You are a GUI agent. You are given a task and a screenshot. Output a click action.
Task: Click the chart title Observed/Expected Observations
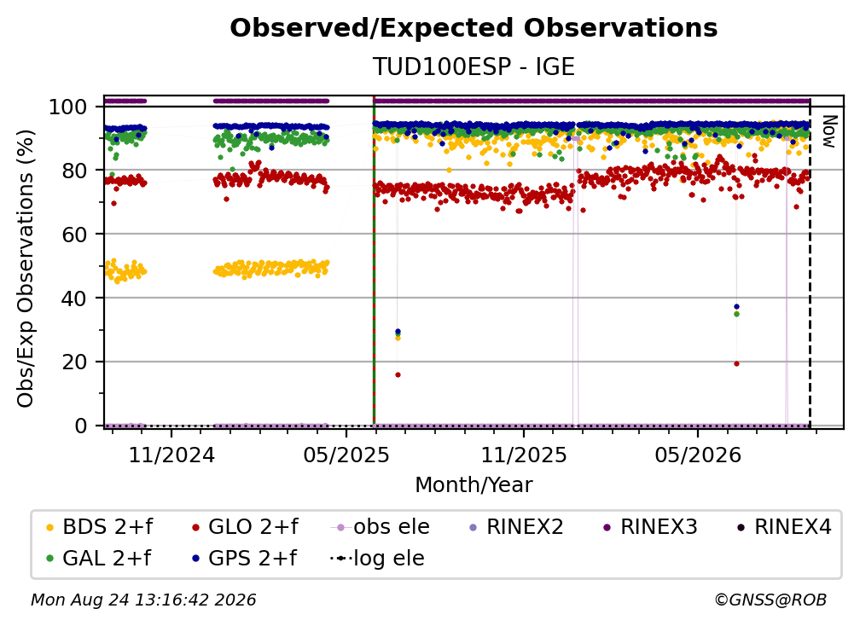pos(474,28)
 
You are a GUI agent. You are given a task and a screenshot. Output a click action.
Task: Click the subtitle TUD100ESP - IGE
pos(474,67)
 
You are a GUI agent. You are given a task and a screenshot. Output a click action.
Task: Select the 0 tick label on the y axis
pos(81,426)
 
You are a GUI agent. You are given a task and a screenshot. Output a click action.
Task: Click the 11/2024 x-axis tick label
pos(171,455)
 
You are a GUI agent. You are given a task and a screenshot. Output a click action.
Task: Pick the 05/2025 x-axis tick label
pos(346,455)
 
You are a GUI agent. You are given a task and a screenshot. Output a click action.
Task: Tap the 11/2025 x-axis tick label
pos(524,455)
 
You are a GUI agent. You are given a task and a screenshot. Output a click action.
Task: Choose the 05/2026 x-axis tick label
pos(698,455)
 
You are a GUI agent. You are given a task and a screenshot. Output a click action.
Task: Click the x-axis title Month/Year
pos(474,484)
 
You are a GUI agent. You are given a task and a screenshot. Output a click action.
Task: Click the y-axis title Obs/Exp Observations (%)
pos(26,269)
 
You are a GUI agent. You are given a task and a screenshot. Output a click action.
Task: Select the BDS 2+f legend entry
pos(99,527)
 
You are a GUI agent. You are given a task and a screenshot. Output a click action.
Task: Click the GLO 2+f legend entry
pos(245,527)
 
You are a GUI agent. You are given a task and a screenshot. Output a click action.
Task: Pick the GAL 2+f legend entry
pos(98,559)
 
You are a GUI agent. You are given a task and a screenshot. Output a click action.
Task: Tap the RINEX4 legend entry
pos(784,527)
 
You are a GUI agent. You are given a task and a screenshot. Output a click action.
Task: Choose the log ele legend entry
pos(377,559)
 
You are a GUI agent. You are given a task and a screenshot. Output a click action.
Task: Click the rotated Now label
pos(828,131)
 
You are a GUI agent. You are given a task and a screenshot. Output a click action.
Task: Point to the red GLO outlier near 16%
pos(398,375)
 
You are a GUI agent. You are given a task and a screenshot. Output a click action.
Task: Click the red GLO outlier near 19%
pos(736,364)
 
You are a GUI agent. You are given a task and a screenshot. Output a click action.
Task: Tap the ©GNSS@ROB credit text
pos(770,600)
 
